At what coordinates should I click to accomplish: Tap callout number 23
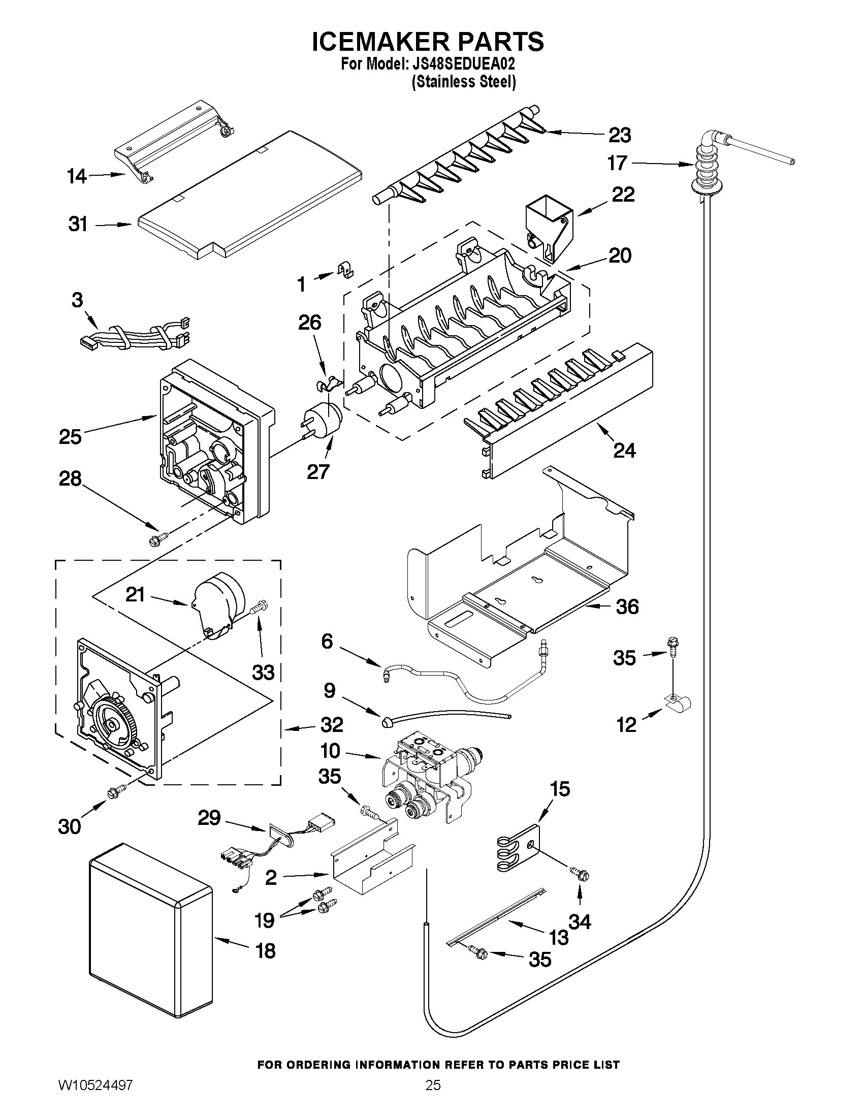[619, 135]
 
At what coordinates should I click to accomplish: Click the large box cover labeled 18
[150, 931]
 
